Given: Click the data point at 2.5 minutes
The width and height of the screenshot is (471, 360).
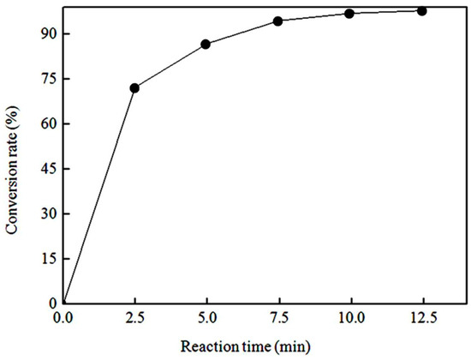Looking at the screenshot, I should (134, 88).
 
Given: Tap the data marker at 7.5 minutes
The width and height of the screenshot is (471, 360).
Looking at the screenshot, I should (278, 21).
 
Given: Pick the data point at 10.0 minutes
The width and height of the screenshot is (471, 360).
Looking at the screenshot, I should (349, 14).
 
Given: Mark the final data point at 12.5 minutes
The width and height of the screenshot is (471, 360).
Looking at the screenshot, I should (421, 11).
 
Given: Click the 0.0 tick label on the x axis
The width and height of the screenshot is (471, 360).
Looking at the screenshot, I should (63, 318).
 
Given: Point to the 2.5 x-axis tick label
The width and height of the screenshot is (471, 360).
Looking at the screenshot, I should (134, 318).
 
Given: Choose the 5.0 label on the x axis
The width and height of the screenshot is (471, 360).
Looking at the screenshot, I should (206, 318).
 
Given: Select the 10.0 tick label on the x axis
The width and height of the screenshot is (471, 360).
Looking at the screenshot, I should (349, 318).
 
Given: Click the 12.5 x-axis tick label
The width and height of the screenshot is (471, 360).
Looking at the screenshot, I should (421, 318).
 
